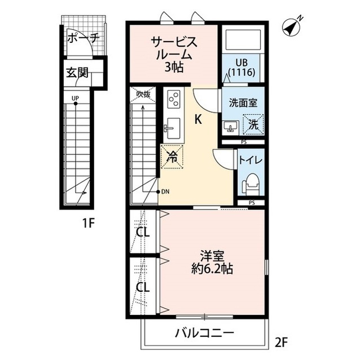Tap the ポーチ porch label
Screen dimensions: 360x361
83,39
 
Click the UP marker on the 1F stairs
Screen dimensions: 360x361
74,98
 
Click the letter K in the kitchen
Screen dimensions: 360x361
199,119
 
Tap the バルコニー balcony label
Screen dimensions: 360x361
204,332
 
